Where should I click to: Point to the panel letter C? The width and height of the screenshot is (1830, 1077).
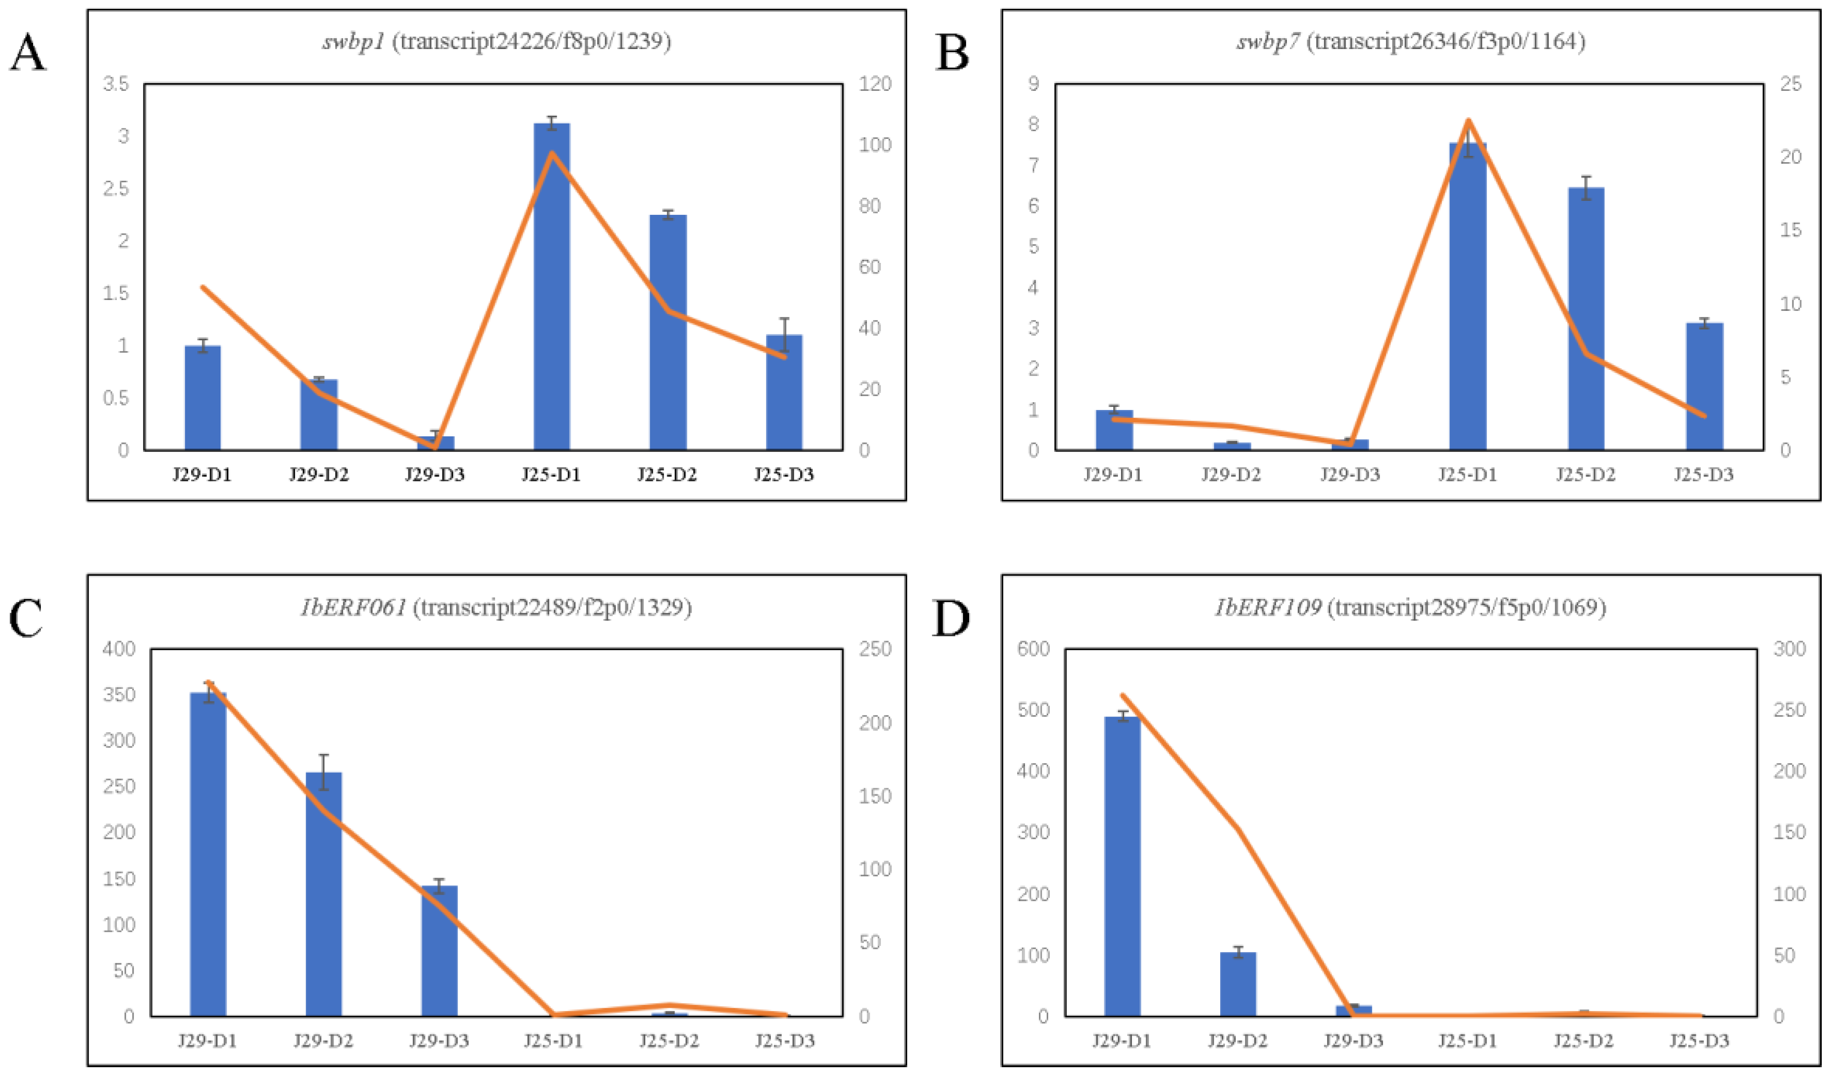[26, 619]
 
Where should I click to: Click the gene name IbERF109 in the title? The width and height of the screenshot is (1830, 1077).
[1268, 607]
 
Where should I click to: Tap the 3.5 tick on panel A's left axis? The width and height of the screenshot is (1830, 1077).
[116, 84]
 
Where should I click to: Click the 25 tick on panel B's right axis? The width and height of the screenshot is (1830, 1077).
[1791, 84]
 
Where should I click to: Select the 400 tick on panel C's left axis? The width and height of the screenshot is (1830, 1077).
[119, 648]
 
